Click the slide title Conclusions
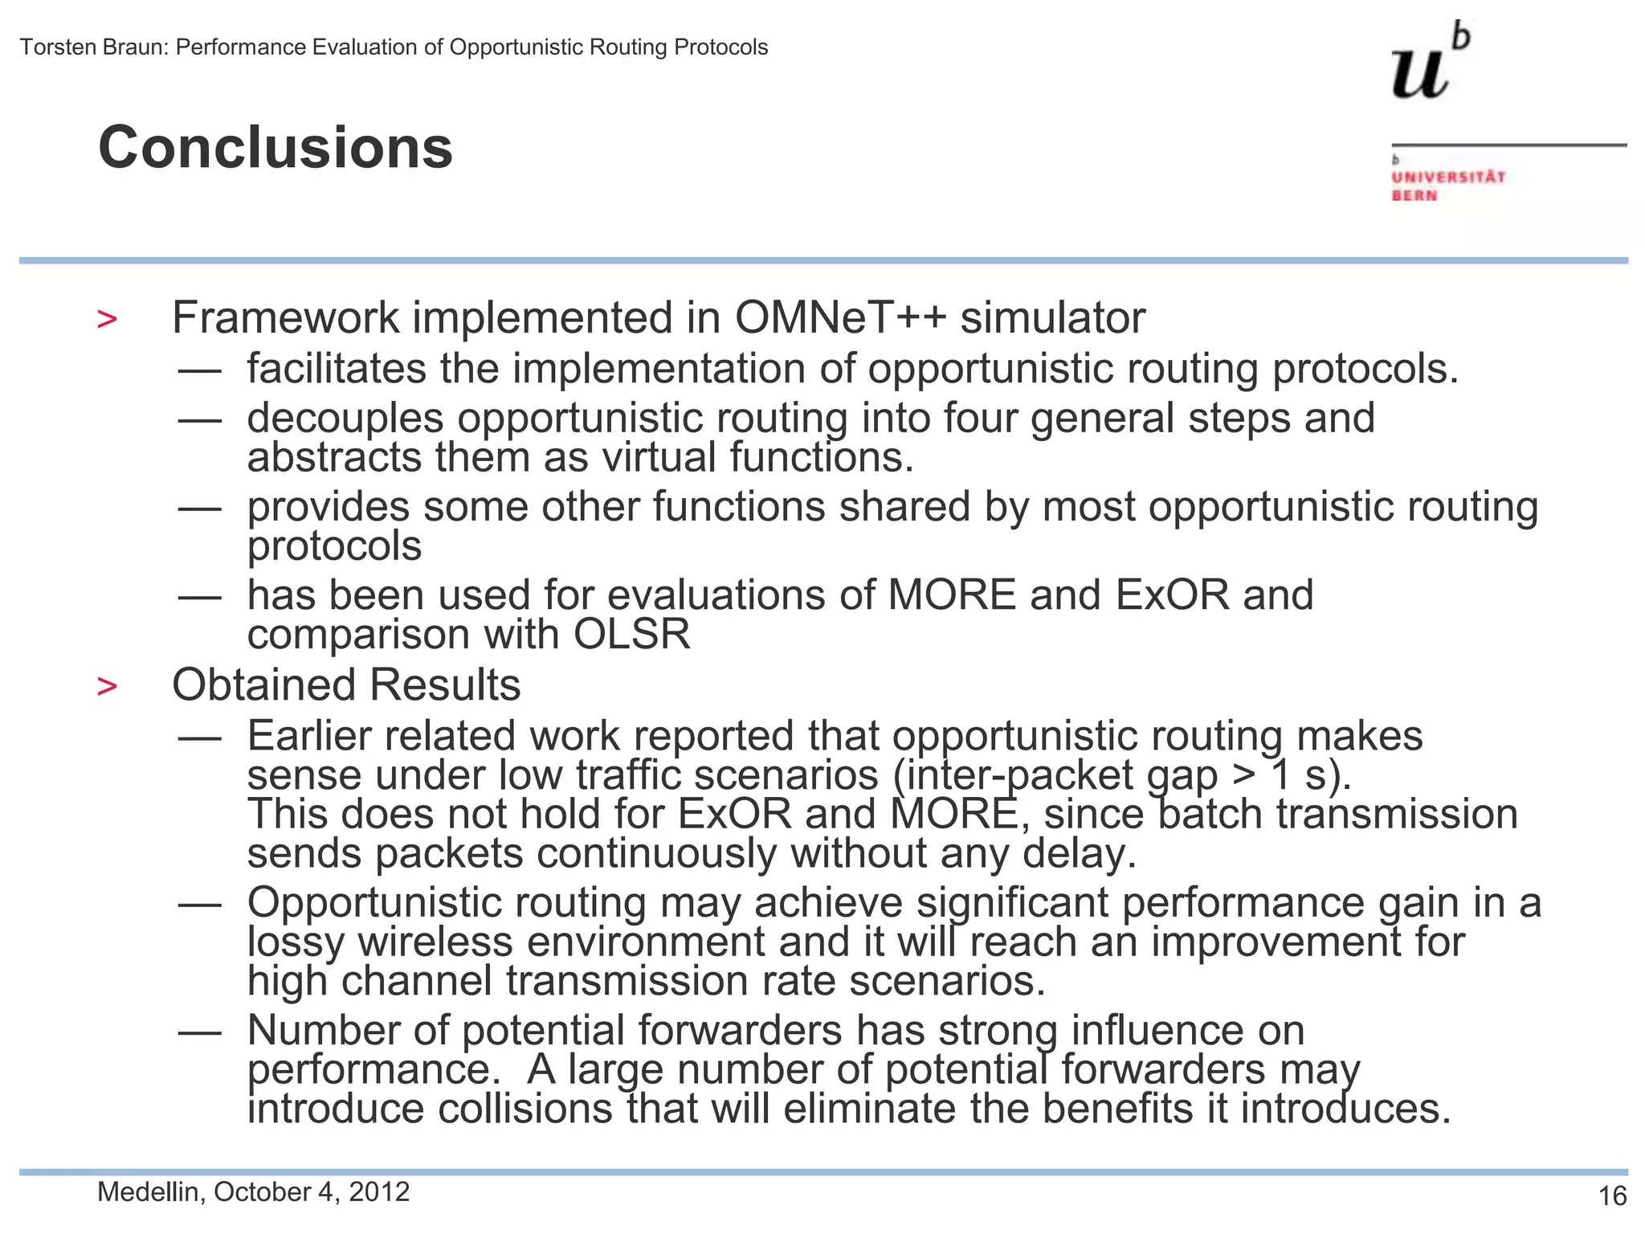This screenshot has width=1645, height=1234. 276,148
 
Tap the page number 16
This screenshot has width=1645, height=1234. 1612,1196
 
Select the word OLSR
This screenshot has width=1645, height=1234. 631,635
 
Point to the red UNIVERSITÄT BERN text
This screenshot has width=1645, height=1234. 1448,186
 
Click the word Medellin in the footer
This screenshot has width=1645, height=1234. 148,1192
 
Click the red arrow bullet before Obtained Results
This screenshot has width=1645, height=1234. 107,687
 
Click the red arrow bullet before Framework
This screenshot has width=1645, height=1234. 107,320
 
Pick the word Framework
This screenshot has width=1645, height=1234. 285,318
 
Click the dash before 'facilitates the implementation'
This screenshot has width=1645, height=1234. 200,370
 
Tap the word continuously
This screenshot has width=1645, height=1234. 656,853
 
